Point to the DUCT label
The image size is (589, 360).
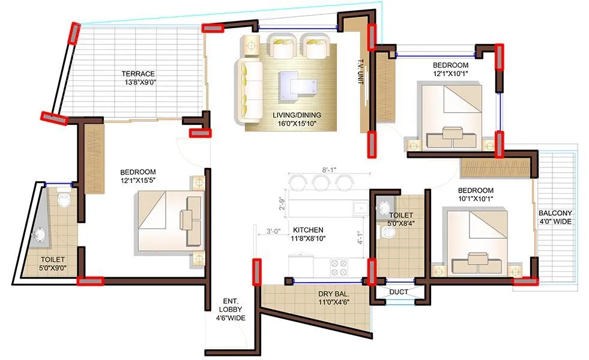[x=398, y=292]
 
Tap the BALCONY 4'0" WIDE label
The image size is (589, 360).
[x=555, y=218]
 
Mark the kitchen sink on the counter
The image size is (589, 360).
[x=359, y=208]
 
